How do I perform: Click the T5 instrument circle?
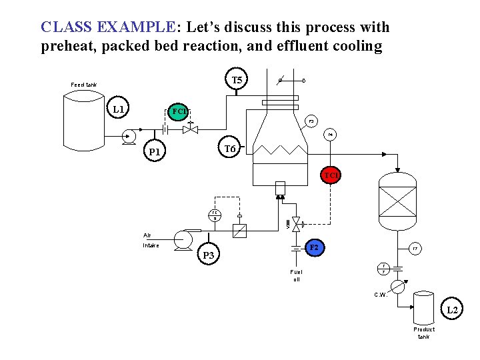click(236, 81)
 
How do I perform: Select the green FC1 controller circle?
click(179, 111)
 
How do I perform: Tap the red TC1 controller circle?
click(331, 175)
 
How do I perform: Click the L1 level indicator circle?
click(120, 109)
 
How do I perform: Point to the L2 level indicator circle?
click(452, 310)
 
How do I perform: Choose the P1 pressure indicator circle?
click(155, 152)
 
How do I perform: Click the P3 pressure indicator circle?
click(209, 255)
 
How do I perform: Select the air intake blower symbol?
click(182, 240)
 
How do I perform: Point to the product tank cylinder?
click(423, 308)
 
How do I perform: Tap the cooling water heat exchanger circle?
click(398, 287)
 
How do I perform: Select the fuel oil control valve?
click(297, 225)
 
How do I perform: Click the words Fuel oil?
click(296, 275)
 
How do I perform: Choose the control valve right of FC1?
click(191, 129)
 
